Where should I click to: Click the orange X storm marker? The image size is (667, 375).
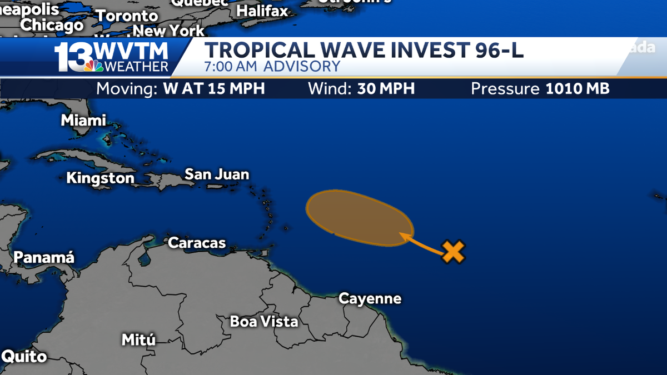(x=454, y=252)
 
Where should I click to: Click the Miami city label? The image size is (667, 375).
(x=83, y=120)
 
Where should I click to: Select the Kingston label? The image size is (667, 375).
(x=100, y=178)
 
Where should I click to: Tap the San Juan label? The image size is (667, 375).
(x=217, y=174)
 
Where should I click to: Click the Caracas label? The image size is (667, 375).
(x=197, y=243)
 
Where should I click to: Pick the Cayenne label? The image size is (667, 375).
(x=370, y=298)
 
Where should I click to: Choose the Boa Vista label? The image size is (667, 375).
(x=264, y=321)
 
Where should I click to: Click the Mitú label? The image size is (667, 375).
(x=138, y=339)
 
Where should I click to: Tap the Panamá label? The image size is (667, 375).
(x=43, y=258)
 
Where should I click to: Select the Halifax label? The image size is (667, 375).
(x=262, y=11)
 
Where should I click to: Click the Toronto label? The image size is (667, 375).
(x=127, y=16)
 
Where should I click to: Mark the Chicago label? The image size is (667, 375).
(x=52, y=25)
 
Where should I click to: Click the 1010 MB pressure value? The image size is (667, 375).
(x=578, y=89)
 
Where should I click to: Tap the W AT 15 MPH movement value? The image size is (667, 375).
(x=214, y=89)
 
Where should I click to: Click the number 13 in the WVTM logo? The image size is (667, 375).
(x=74, y=57)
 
